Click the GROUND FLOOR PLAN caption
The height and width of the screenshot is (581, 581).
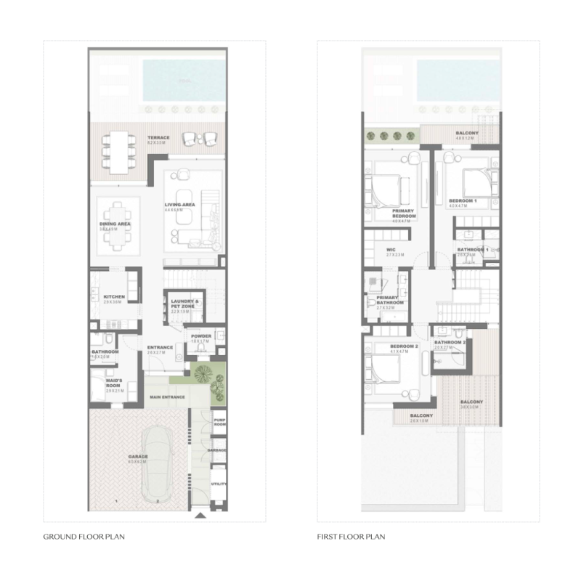click(79, 537)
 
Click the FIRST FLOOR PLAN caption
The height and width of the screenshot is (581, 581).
click(351, 537)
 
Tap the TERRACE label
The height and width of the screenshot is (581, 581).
click(158, 138)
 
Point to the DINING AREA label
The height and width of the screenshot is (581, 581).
click(115, 224)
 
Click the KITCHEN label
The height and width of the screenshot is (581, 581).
click(114, 297)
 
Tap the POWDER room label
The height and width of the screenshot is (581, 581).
click(201, 336)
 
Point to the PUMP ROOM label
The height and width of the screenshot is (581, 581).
click(219, 422)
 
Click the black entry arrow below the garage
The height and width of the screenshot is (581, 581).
click(200, 516)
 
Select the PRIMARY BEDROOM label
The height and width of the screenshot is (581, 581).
click(403, 214)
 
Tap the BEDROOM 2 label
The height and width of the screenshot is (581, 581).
click(403, 347)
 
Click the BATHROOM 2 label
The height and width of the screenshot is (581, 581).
click(450, 343)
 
